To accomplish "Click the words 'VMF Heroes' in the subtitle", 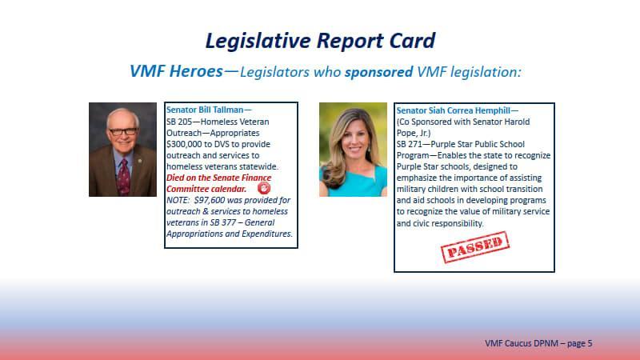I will [x=176, y=71].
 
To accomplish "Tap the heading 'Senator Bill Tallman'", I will [x=206, y=110].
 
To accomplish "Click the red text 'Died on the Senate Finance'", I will [x=218, y=178].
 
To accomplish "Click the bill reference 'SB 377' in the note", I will [x=223, y=222].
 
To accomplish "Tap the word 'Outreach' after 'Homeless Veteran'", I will [x=184, y=132].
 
